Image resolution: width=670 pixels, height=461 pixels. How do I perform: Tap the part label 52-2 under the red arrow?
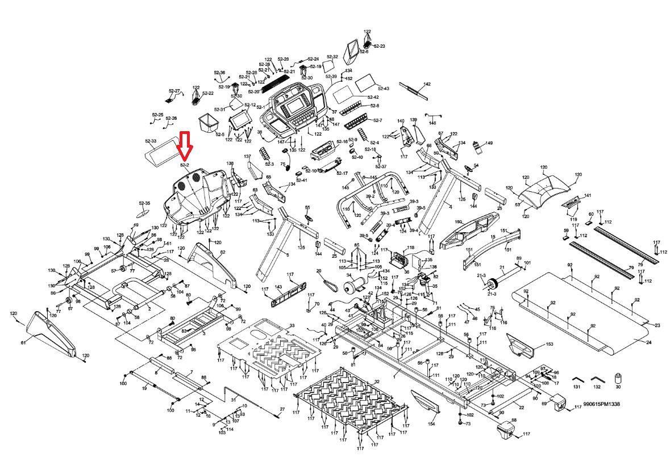(x=184, y=165)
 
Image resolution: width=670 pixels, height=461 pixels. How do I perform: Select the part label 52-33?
(x=151, y=141)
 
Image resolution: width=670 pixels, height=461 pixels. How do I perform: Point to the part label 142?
(x=427, y=84)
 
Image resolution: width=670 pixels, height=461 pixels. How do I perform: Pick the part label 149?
(x=489, y=143)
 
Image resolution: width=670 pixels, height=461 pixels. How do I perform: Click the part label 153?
(x=549, y=344)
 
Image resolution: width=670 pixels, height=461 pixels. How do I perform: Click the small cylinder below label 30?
(x=618, y=379)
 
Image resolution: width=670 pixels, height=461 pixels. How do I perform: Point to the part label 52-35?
(x=144, y=203)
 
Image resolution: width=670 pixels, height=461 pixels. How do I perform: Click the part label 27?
(x=282, y=409)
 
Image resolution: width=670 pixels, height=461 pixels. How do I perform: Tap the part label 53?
(x=518, y=204)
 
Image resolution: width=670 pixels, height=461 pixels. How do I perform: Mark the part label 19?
(x=144, y=387)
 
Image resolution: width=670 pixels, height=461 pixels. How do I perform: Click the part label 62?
(x=223, y=252)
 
